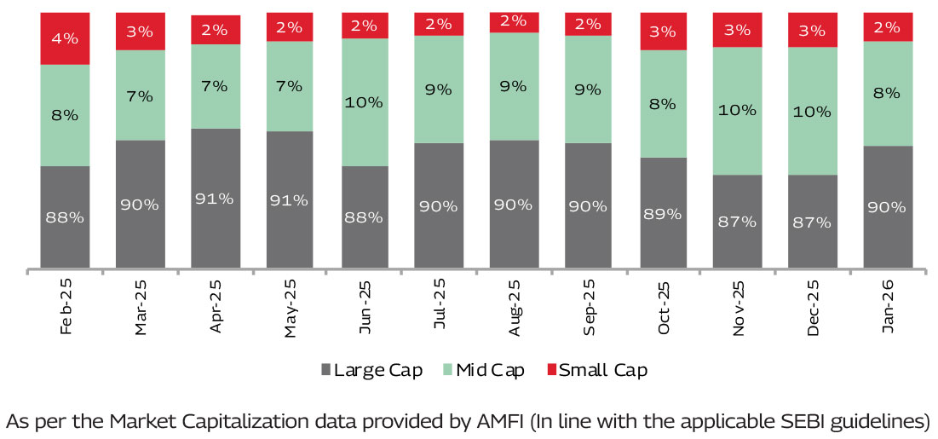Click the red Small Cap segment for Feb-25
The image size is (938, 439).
[65, 38]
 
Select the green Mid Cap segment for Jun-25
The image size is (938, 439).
[365, 102]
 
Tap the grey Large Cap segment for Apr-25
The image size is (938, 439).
[216, 199]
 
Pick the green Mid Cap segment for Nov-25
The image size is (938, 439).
[738, 111]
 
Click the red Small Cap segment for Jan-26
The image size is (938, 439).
[888, 27]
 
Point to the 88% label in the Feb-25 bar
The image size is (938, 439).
[65, 217]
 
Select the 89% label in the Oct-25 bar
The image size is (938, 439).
[664, 214]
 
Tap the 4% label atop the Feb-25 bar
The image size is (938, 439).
[65, 38]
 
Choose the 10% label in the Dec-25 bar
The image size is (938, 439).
[812, 111]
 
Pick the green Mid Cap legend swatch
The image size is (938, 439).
[447, 370]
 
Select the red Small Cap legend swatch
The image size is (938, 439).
[550, 370]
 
